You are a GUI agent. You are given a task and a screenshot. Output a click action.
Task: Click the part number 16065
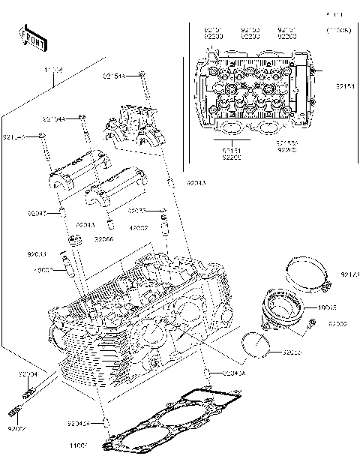[328, 308]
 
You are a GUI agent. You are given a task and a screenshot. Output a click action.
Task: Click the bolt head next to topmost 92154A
[142, 75]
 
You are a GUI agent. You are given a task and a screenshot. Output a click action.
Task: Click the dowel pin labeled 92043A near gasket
[208, 373]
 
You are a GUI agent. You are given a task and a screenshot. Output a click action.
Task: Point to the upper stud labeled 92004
[30, 390]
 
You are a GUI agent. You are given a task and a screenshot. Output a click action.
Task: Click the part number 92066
[104, 239]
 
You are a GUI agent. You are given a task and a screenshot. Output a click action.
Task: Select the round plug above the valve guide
[73, 240]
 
